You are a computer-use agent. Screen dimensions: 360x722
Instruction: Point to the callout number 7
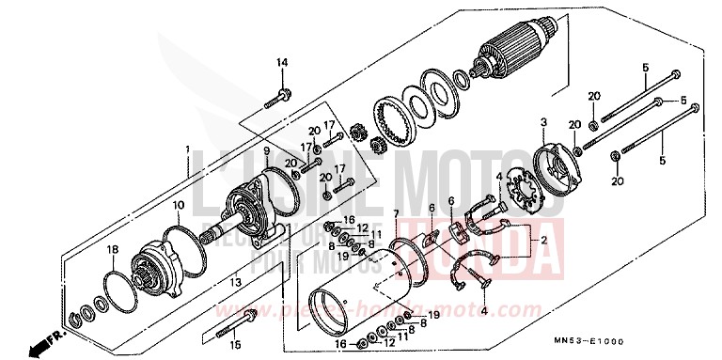[397, 216]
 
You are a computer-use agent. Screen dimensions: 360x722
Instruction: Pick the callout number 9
[266, 151]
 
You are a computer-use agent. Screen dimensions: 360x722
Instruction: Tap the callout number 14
[280, 63]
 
